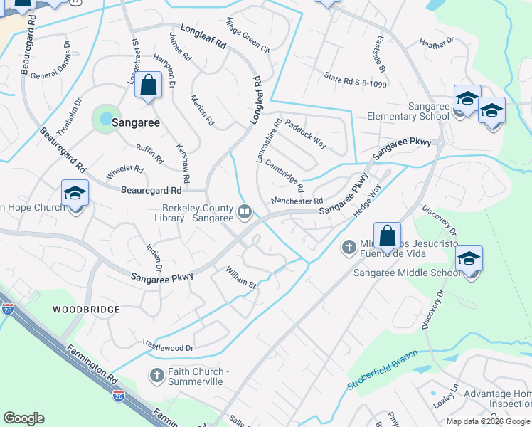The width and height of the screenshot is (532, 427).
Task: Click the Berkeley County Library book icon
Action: click(245, 211)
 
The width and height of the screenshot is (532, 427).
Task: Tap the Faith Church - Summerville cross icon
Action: click(157, 374)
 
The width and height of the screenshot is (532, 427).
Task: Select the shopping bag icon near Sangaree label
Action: click(148, 86)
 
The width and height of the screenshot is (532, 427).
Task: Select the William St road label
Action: click(240, 278)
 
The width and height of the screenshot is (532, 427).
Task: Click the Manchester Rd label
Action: click(297, 201)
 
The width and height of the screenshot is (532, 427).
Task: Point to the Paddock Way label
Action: click(306, 133)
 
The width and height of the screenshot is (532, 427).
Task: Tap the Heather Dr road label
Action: click(436, 43)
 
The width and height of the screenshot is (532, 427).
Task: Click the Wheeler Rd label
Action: click(124, 172)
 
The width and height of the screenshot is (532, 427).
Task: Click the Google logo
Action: click(23, 418)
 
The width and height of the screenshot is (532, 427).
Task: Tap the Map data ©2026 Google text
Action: click(487, 421)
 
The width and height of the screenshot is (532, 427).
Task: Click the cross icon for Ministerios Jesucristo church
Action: click(349, 247)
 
